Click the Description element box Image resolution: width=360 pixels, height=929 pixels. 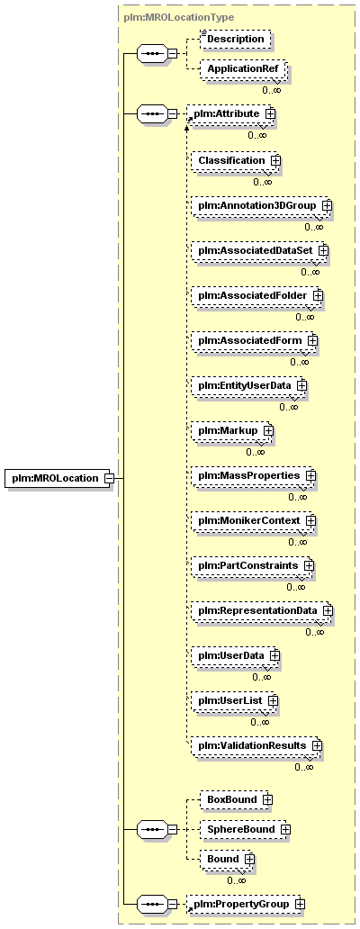pos(231,39)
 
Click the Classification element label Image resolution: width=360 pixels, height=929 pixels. pos(231,160)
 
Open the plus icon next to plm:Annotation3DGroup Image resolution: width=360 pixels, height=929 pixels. pos(326,205)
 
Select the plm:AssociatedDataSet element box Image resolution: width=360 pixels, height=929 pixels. pos(259,251)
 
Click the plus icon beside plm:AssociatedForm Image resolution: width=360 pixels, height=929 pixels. pos(312,340)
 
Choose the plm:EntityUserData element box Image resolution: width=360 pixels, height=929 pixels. pos(248,385)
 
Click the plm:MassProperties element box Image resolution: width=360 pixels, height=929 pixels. pos(254,475)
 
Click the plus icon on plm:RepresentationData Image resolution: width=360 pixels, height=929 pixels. pos(327,610)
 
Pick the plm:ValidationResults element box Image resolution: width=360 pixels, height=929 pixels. pos(256,744)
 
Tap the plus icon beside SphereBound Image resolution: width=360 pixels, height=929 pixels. pos(285,829)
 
